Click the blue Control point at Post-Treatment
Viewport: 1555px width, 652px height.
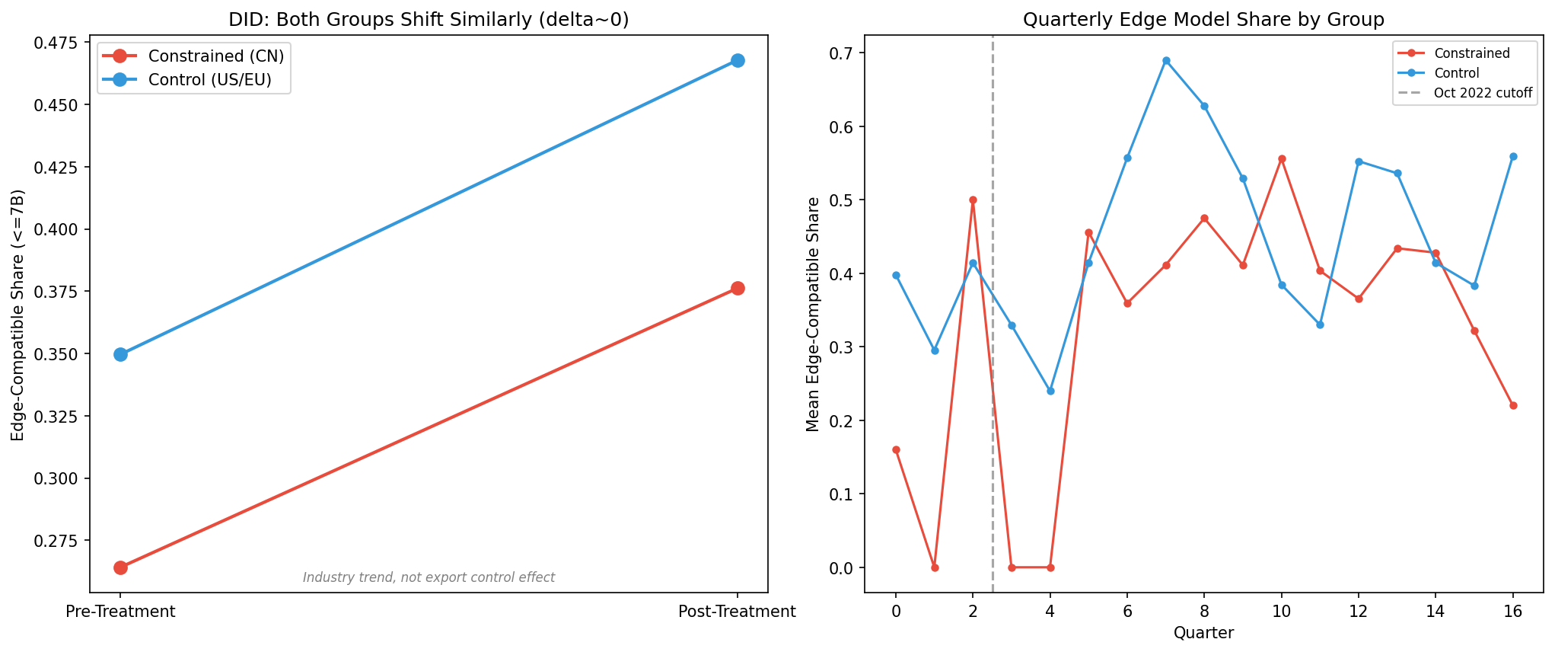tap(737, 60)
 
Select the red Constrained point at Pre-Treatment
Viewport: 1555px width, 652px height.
tap(120, 567)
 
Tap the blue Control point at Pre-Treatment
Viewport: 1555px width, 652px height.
tap(120, 354)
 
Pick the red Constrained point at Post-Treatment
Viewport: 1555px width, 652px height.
tap(737, 288)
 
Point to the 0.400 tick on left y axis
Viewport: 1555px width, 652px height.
tap(57, 229)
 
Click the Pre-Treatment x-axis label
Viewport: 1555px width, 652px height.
tap(120, 612)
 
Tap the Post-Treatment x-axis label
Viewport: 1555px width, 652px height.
tap(737, 612)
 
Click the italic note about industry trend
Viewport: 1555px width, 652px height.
tap(429, 577)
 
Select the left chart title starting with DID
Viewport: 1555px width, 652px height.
tap(429, 20)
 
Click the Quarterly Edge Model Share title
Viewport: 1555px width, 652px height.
tap(1203, 20)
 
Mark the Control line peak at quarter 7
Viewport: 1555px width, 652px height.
tap(1165, 60)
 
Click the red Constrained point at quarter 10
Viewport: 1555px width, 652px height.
tap(1281, 158)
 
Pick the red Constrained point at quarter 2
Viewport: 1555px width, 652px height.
tap(972, 200)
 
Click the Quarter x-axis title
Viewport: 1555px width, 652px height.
tap(1203, 633)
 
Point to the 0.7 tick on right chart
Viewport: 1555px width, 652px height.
tap(842, 53)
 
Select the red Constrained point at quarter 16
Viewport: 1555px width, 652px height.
tap(1512, 405)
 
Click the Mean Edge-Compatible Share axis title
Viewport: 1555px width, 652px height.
tap(813, 314)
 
